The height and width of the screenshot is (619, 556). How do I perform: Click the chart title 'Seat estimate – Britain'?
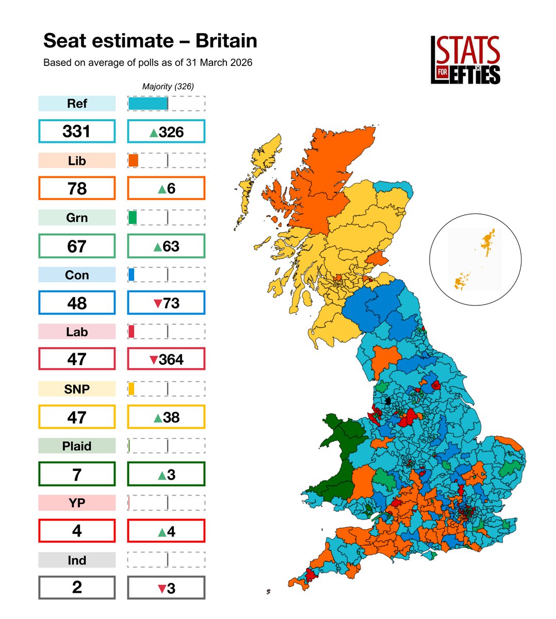click(x=150, y=41)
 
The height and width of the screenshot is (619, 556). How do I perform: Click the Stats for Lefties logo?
click(x=465, y=59)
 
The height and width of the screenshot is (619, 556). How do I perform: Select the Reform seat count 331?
click(x=77, y=132)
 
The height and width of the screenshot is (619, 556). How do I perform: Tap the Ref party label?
click(x=77, y=104)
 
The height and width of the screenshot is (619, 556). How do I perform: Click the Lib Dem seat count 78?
click(x=77, y=188)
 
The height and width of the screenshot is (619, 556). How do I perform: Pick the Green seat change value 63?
click(x=166, y=246)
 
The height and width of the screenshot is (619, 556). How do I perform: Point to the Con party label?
click(x=77, y=275)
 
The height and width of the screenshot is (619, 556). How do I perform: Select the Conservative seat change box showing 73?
click(x=166, y=303)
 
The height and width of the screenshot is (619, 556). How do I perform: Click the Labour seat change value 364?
click(x=166, y=359)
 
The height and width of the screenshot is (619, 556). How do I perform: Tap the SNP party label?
click(x=77, y=389)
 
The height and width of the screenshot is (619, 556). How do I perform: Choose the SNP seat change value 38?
click(x=166, y=417)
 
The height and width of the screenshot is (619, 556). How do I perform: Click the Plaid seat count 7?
click(x=77, y=474)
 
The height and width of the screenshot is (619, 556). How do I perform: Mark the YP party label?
click(x=77, y=503)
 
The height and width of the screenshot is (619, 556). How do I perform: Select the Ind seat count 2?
click(x=77, y=588)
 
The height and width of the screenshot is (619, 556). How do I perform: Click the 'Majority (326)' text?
click(x=168, y=86)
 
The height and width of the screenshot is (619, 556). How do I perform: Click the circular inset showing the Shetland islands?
click(x=475, y=259)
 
